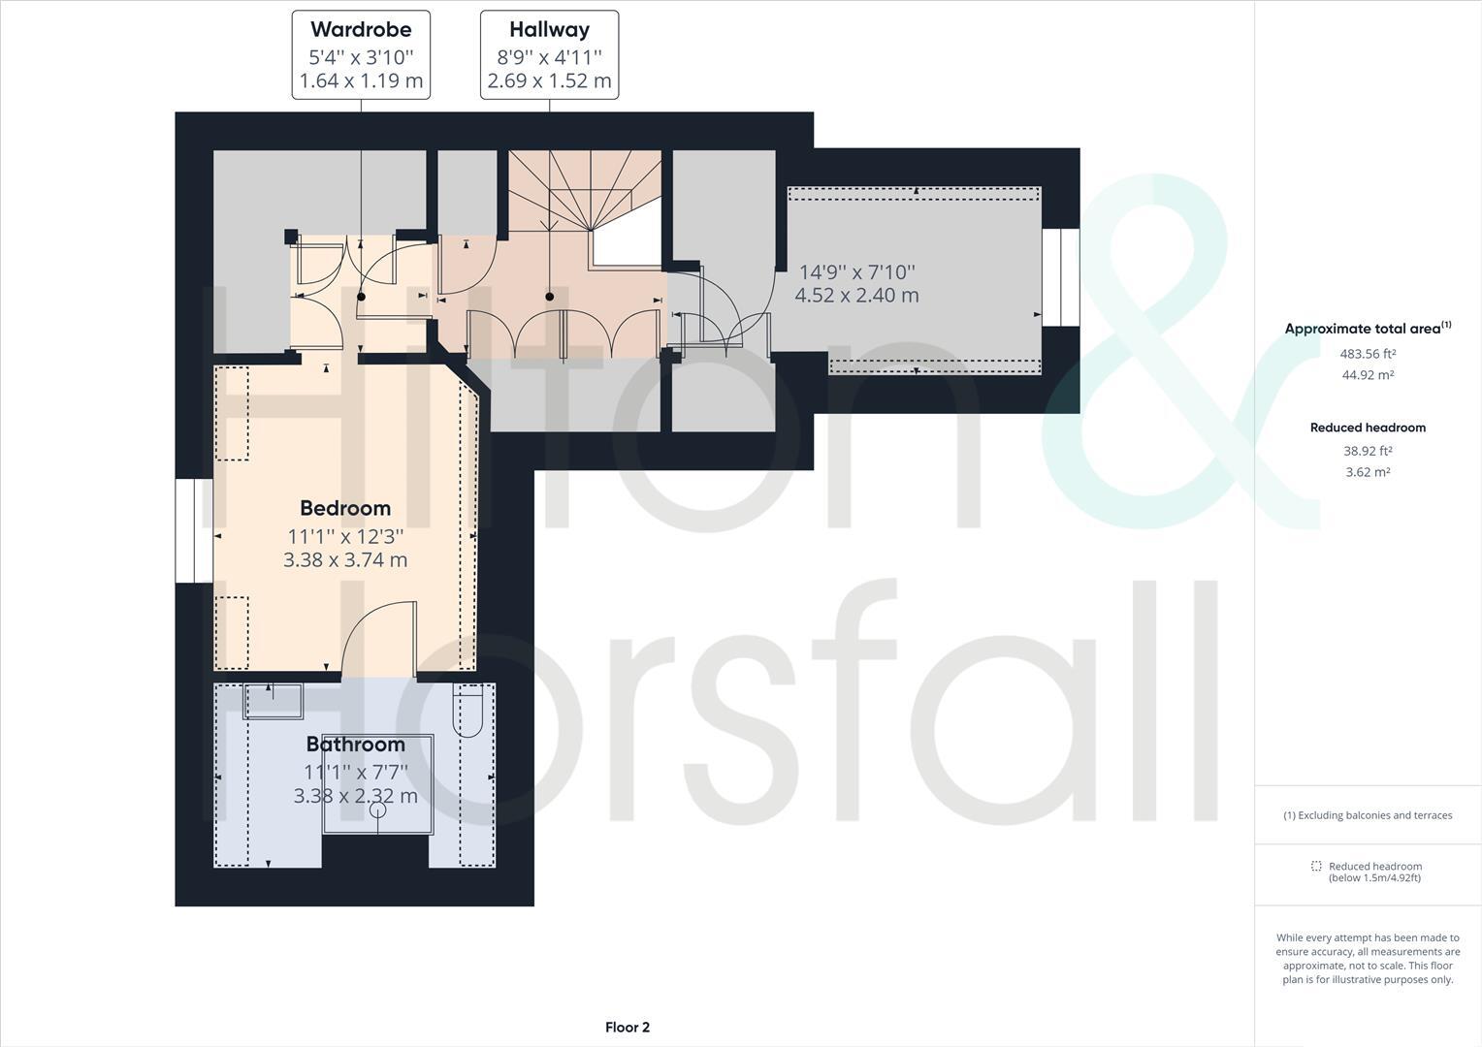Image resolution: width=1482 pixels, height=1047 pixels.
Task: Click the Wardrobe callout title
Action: click(x=361, y=29)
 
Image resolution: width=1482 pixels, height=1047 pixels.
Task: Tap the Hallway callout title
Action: click(x=549, y=29)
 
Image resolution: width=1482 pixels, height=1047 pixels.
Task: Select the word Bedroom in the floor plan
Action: click(x=345, y=508)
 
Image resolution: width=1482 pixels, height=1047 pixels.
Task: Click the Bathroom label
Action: click(x=355, y=745)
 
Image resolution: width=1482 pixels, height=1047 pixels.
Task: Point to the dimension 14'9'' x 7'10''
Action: click(x=856, y=272)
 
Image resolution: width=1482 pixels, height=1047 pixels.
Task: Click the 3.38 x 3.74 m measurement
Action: click(x=345, y=559)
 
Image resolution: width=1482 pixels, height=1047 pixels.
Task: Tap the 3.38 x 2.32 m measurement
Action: click(x=355, y=796)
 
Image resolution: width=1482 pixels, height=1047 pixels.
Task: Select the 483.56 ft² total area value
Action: click(x=1368, y=354)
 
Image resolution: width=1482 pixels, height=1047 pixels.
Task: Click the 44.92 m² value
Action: click(x=1368, y=375)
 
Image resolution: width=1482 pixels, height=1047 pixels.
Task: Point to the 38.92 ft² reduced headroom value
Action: click(x=1368, y=451)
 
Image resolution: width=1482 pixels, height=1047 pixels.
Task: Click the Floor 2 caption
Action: click(x=627, y=1028)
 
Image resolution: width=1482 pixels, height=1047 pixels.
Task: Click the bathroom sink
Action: click(x=273, y=700)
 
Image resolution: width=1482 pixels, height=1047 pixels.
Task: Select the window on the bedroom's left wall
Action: click(x=194, y=531)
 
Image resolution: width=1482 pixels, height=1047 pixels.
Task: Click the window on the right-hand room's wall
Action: click(x=1061, y=277)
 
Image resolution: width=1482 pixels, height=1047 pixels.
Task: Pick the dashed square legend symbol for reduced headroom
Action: click(x=1316, y=866)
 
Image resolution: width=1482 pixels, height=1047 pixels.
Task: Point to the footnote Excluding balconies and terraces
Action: click(x=1368, y=815)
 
